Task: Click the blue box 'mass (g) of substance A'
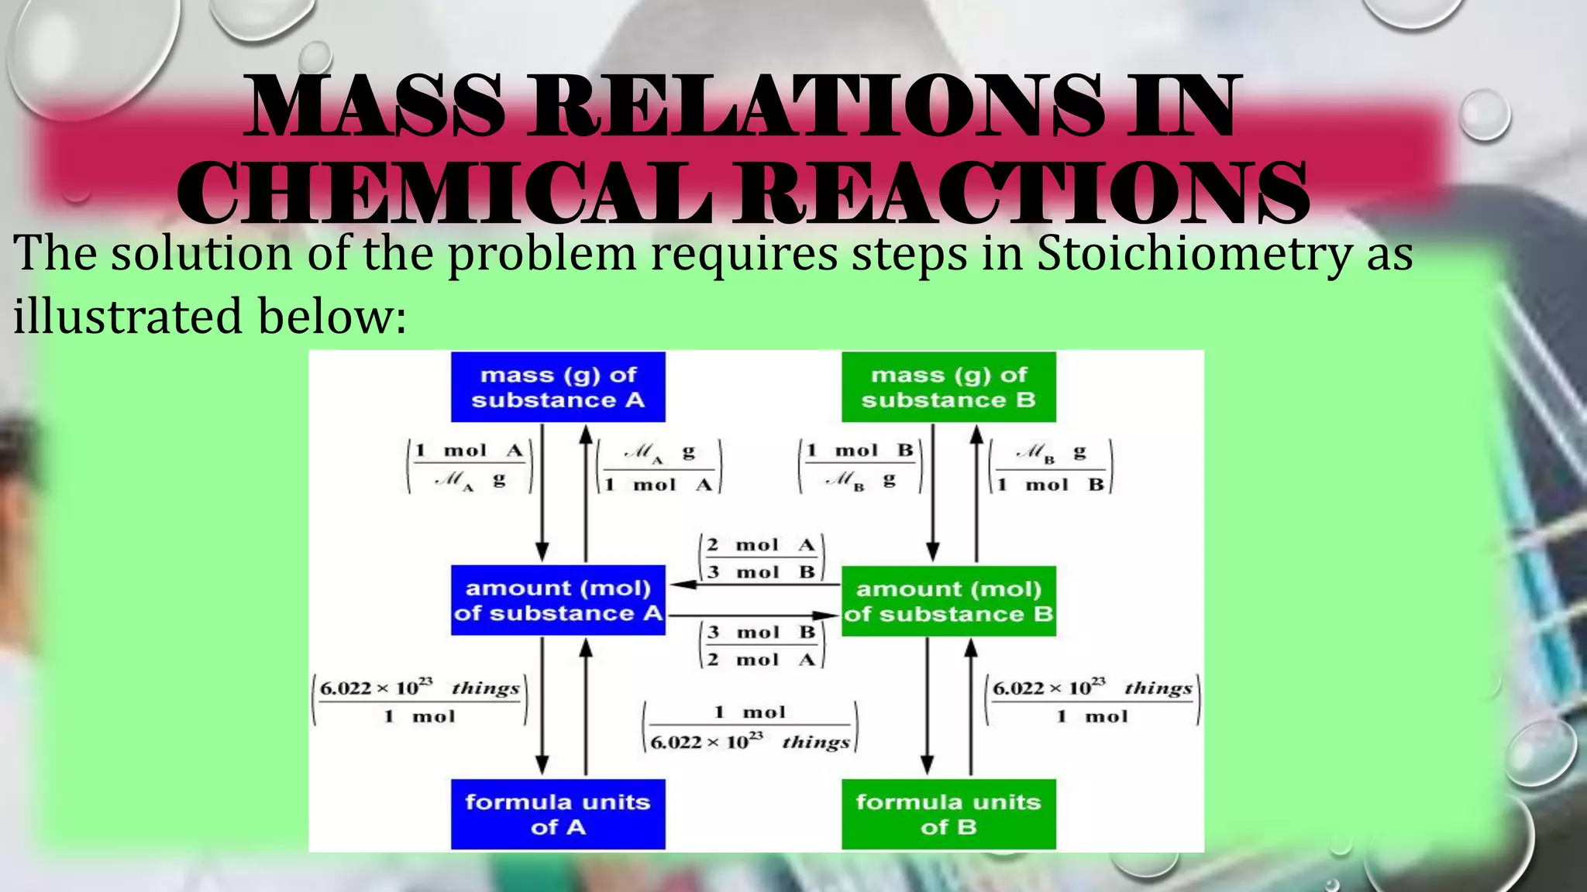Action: pyautogui.click(x=558, y=387)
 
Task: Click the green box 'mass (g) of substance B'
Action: pyautogui.click(x=948, y=387)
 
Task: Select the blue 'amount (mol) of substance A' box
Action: pyautogui.click(x=558, y=600)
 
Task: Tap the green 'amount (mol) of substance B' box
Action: pyautogui.click(x=948, y=601)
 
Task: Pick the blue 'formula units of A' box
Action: pyautogui.click(x=558, y=814)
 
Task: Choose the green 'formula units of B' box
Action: pyautogui.click(x=948, y=814)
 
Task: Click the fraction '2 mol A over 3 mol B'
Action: pyautogui.click(x=762, y=558)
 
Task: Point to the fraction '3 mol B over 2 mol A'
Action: pyautogui.click(x=762, y=646)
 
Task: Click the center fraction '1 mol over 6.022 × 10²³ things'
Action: pyautogui.click(x=749, y=727)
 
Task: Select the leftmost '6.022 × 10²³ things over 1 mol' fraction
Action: pyautogui.click(x=419, y=701)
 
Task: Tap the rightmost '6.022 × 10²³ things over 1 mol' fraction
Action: pyautogui.click(x=1092, y=701)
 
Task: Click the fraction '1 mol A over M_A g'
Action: pyautogui.click(x=470, y=466)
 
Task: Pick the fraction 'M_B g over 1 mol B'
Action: pyautogui.click(x=1051, y=467)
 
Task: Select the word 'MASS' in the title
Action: pyautogui.click(x=375, y=106)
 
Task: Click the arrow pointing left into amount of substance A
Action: pyautogui.click(x=756, y=585)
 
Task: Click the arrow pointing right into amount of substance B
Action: pyautogui.click(x=756, y=616)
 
